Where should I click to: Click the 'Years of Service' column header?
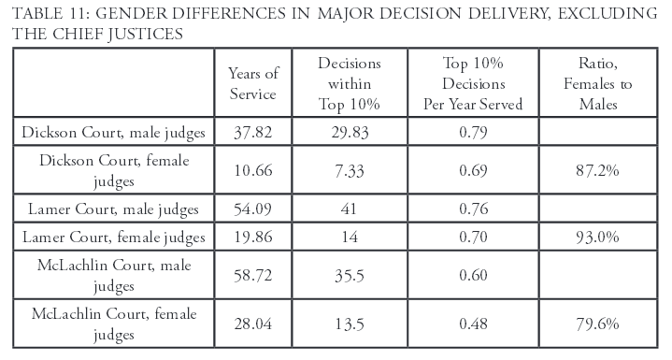252,83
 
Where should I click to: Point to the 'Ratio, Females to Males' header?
607,83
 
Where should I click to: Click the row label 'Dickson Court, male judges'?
115,131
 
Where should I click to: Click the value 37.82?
252,131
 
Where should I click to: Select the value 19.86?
252,238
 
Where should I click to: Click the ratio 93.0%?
607,238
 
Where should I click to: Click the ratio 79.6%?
607,323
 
